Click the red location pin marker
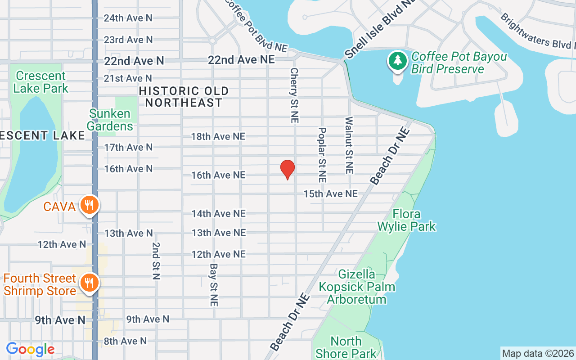pyautogui.click(x=287, y=169)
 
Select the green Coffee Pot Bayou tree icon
pyautogui.click(x=397, y=61)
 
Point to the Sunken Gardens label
pyautogui.click(x=110, y=120)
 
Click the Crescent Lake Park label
pyautogui.click(x=40, y=82)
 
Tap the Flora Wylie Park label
pyautogui.click(x=407, y=220)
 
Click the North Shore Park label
pyautogui.click(x=346, y=347)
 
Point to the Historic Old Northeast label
pyautogui.click(x=184, y=97)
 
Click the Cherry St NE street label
pyautogui.click(x=294, y=95)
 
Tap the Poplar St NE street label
pyautogui.click(x=322, y=154)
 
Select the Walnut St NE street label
pyautogui.click(x=349, y=145)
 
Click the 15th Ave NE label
pyautogui.click(x=330, y=193)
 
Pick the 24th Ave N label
pyautogui.click(x=128, y=18)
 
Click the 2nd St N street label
pyautogui.click(x=156, y=261)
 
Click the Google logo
pyautogui.click(x=30, y=349)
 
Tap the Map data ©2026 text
pyautogui.click(x=538, y=353)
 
